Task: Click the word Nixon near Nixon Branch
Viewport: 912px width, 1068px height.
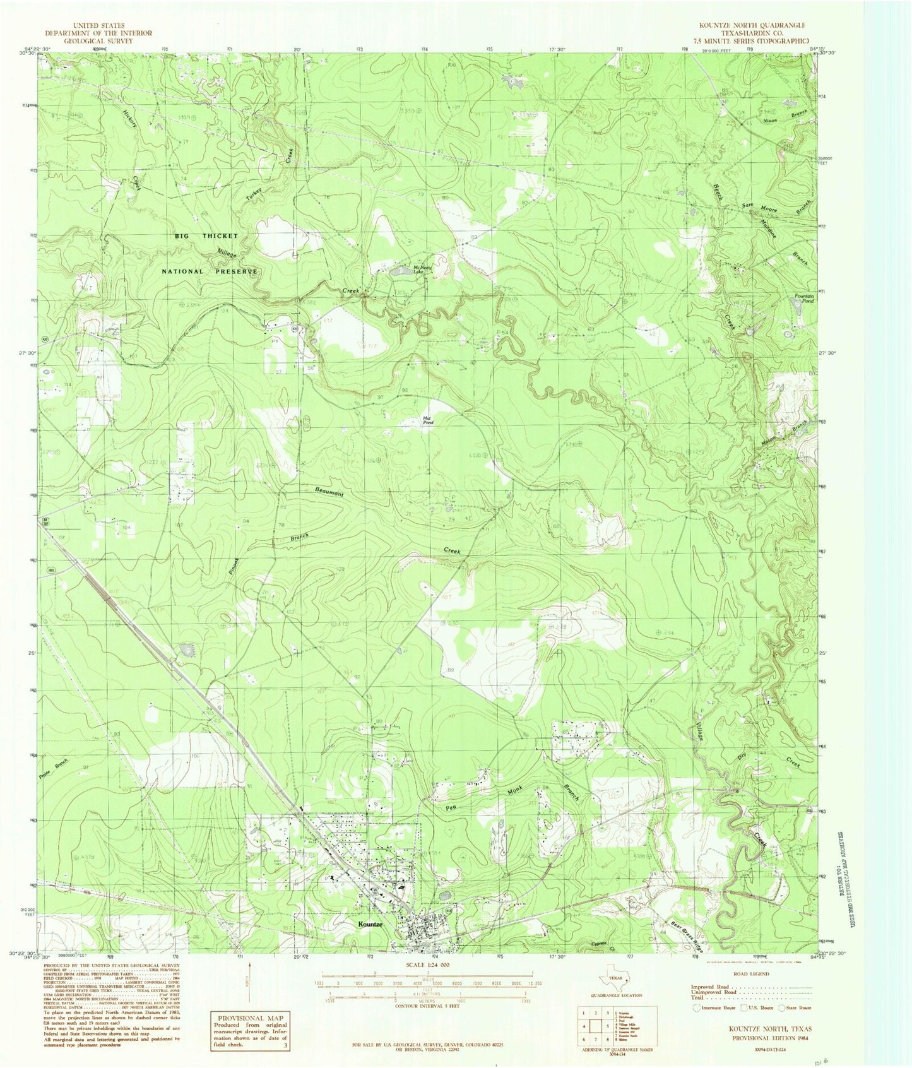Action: pos(773,120)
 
